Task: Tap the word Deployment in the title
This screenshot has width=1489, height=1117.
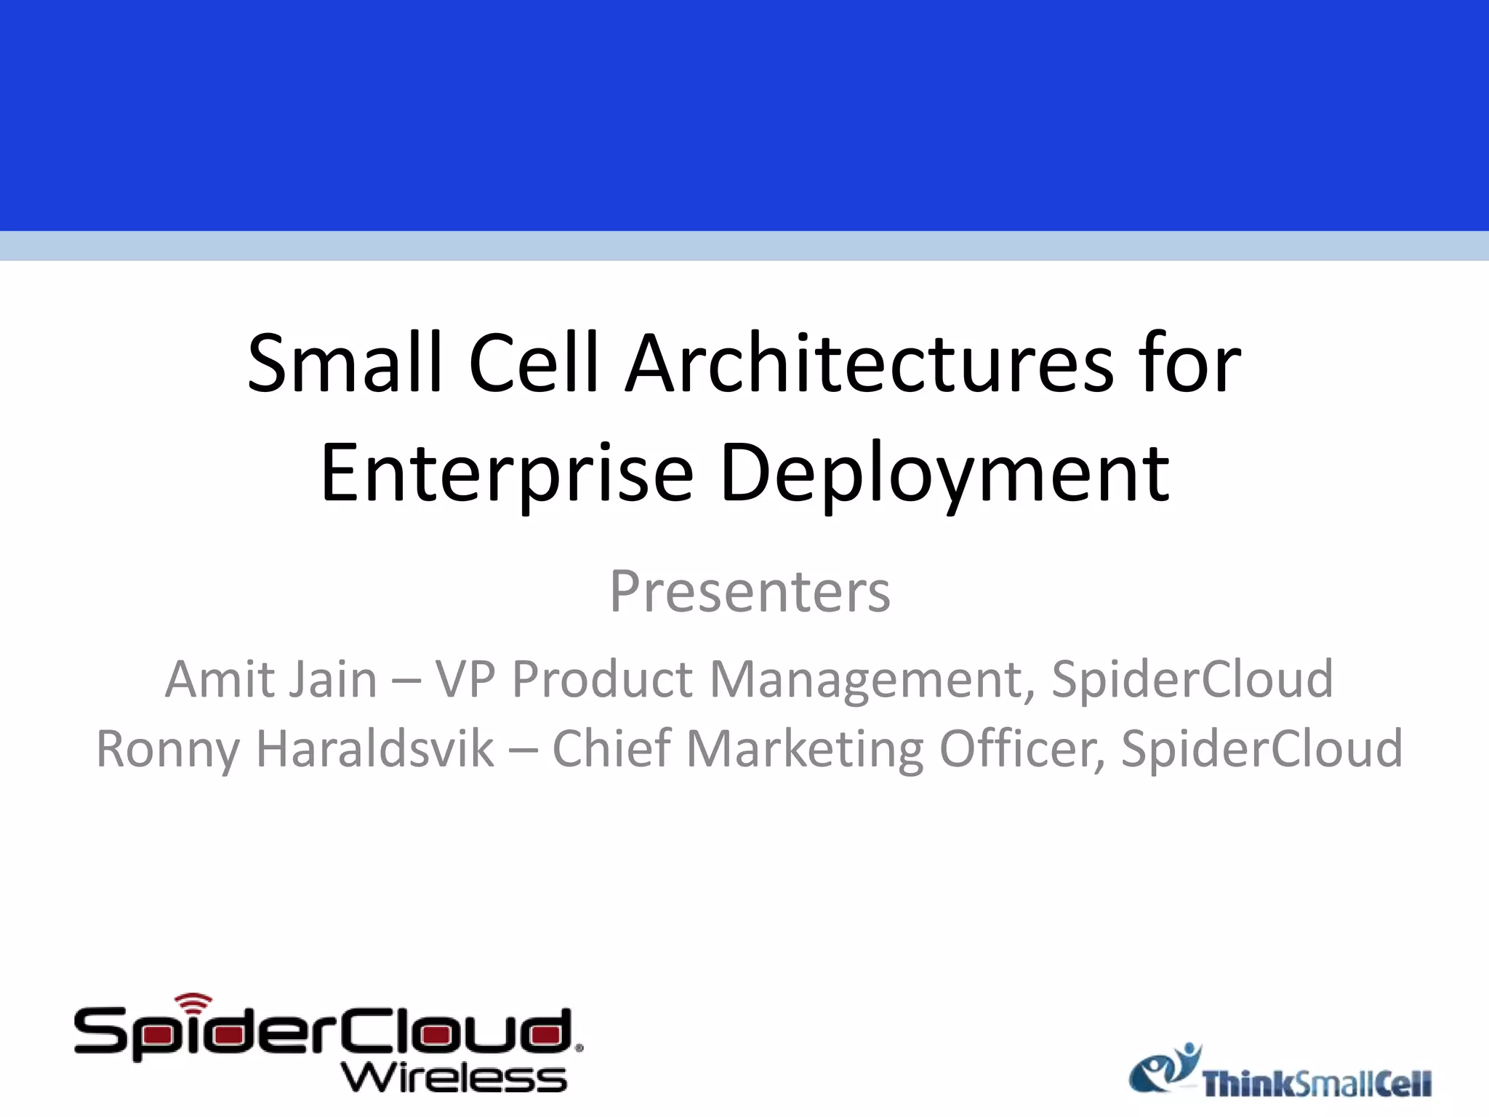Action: [944, 473]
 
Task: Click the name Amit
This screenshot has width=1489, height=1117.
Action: [215, 679]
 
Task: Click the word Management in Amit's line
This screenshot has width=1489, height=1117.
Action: [870, 679]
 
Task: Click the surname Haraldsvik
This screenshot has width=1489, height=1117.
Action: [375, 749]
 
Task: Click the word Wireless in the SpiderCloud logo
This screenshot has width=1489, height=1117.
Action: [454, 1078]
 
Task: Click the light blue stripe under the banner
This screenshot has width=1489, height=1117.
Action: [744, 246]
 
